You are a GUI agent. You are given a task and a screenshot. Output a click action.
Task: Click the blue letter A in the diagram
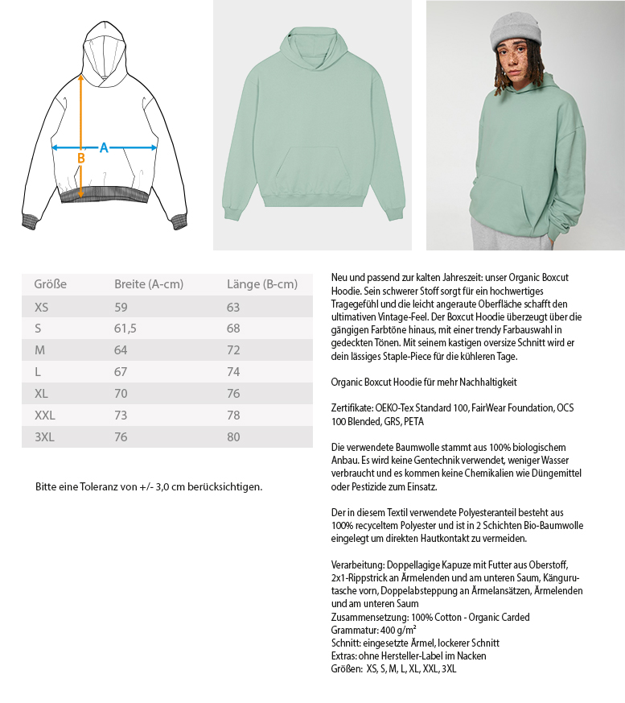[x=104, y=147]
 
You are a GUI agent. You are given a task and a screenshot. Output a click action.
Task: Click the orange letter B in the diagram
[x=80, y=159]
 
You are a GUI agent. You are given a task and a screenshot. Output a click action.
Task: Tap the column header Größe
[x=50, y=284]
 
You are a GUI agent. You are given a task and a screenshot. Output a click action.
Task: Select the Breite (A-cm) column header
[x=149, y=284]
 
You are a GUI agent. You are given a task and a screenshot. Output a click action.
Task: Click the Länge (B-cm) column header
[x=262, y=284]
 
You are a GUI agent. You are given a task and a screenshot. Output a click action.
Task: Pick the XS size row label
[x=42, y=307]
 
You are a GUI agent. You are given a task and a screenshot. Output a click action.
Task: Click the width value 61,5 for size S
[x=125, y=329]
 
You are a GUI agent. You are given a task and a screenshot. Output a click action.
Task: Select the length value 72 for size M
[x=234, y=350]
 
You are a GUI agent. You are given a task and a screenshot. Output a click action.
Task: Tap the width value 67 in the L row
[x=121, y=372]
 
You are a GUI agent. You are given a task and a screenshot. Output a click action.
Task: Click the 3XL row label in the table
[x=46, y=437]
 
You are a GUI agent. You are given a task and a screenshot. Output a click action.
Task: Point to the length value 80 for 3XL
[x=234, y=437]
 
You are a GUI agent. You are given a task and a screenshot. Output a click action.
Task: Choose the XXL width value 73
[x=121, y=416]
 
